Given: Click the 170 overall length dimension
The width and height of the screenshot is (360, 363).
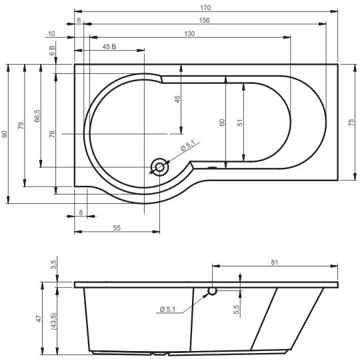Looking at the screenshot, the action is [205, 8].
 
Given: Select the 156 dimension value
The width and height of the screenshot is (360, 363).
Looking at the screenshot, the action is [204, 21].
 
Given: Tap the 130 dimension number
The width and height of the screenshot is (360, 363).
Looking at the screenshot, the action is [189, 34].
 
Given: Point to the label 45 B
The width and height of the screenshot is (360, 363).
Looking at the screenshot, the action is [109, 47].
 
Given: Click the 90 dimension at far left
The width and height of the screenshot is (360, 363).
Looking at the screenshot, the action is [5, 134].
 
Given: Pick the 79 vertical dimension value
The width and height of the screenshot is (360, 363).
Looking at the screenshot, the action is [21, 126].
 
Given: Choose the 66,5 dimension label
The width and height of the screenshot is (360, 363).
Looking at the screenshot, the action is [37, 116].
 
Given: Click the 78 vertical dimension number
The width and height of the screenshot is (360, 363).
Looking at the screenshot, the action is [52, 134].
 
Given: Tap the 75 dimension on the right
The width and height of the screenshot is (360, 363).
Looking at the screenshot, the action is [351, 123].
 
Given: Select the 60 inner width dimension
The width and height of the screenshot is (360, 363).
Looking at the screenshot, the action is [222, 123].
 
